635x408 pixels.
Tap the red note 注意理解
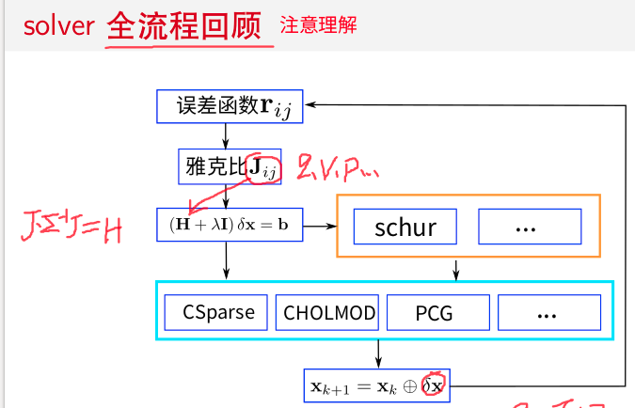point(318,25)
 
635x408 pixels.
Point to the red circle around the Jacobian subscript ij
point(263,169)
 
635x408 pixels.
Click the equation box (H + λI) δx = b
point(230,225)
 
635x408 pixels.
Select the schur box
point(405,227)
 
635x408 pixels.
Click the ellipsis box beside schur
point(530,227)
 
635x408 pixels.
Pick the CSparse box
point(217,312)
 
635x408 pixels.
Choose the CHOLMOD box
point(327,312)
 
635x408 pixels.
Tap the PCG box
point(437,312)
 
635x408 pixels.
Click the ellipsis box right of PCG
point(548,312)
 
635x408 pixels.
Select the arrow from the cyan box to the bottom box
point(378,353)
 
